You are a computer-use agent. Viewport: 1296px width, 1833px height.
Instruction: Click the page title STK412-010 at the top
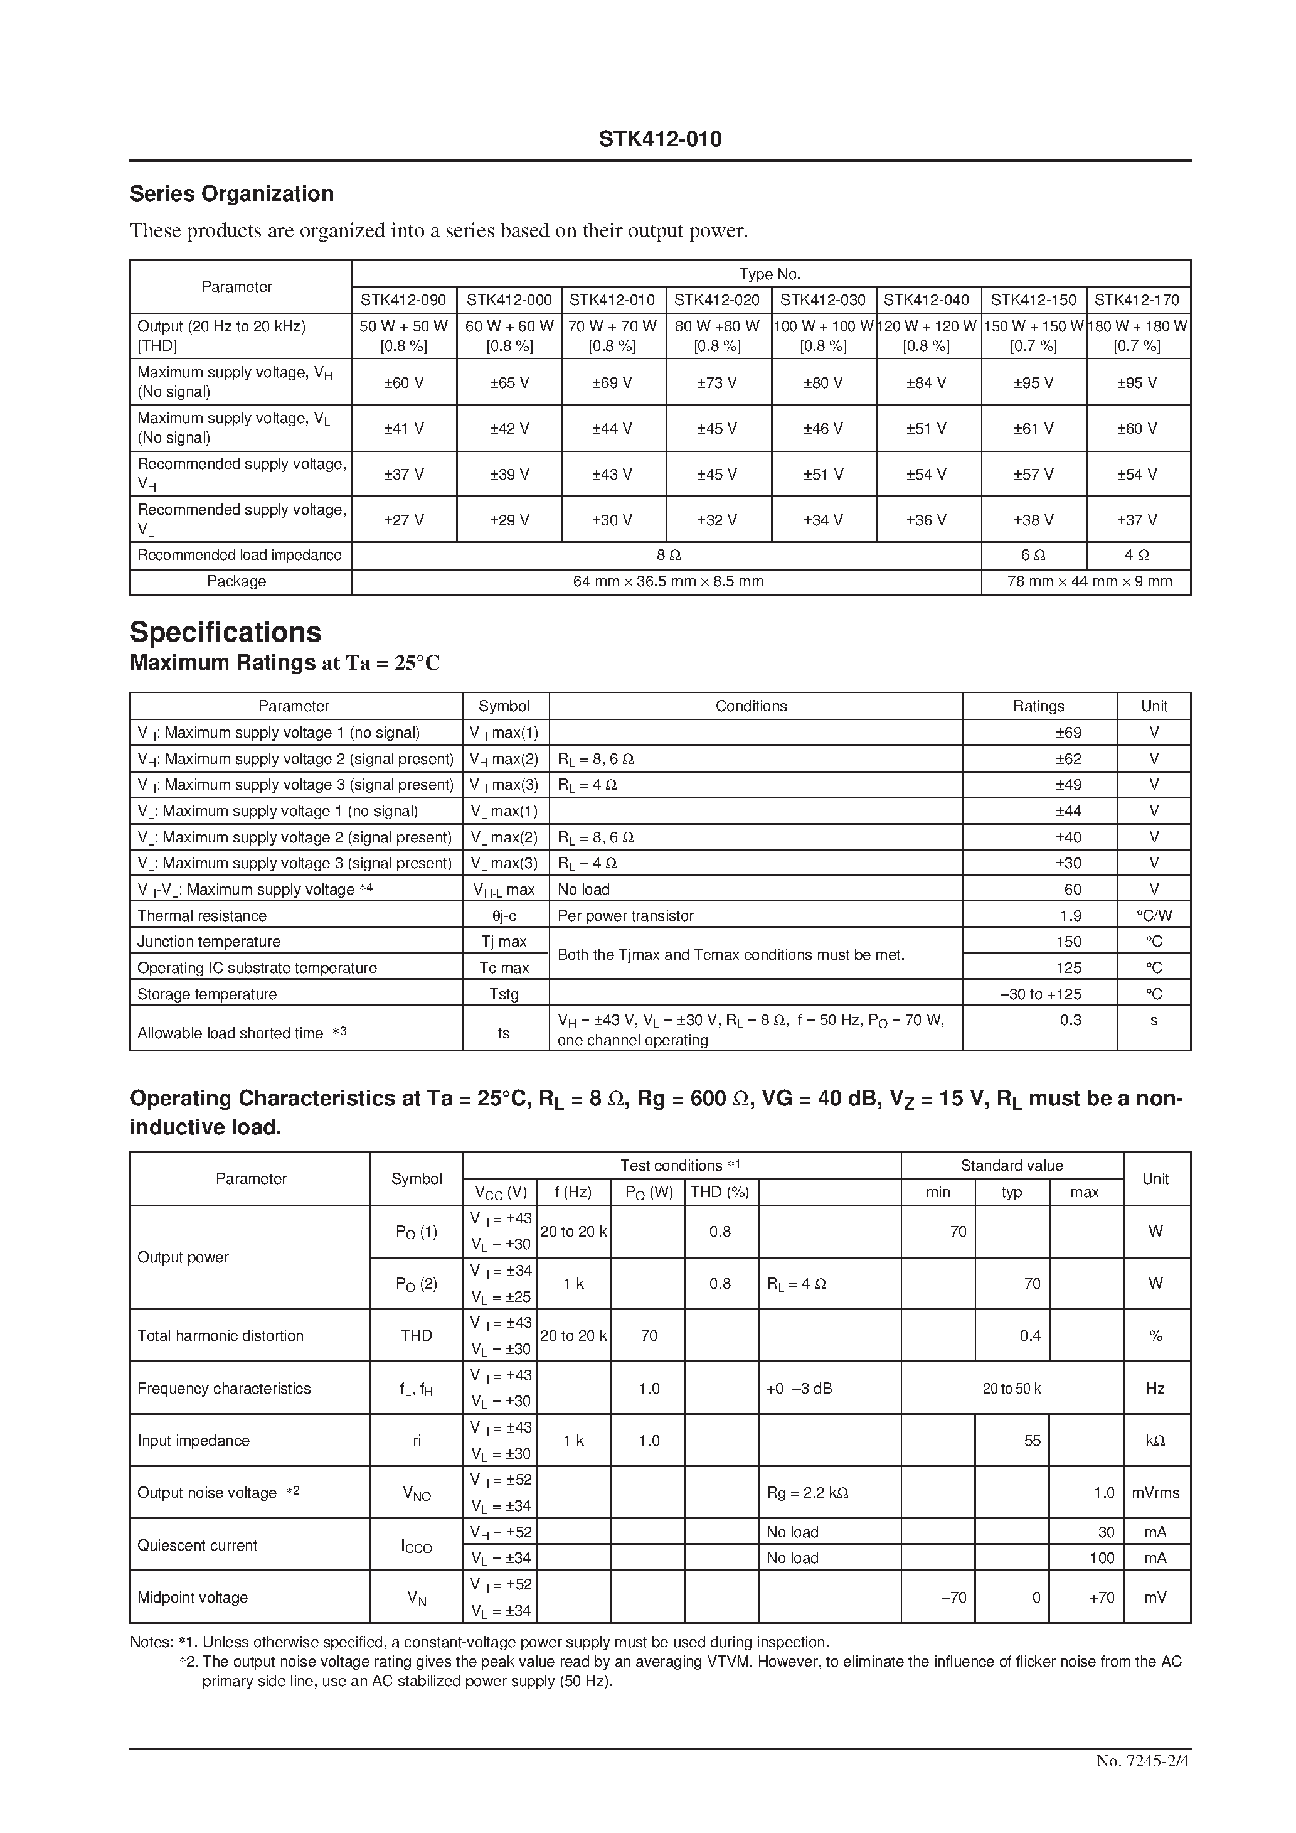pos(660,140)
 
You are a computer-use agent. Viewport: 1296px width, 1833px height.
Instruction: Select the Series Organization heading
pos(231,194)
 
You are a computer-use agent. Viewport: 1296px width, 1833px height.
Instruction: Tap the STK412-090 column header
pos(404,300)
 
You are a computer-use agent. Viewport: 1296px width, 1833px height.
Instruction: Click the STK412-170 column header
pos(1137,300)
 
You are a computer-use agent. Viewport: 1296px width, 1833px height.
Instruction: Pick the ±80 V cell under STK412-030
pos(823,382)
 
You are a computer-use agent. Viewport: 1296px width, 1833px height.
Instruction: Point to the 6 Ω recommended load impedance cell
pos(1033,556)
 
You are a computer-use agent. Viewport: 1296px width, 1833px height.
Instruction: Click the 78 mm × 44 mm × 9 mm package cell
pos(1088,582)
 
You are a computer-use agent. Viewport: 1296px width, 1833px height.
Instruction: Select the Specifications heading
pos(225,632)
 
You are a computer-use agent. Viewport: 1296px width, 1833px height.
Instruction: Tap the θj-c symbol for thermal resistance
pos(504,916)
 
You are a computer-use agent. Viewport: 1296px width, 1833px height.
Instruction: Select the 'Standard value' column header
pos(1011,1166)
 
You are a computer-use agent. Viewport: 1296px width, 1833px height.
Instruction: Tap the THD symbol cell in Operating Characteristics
pos(416,1336)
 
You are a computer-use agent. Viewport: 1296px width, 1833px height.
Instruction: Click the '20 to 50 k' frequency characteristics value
pos(1011,1389)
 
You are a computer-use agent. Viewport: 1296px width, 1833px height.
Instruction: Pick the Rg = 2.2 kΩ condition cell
pos(807,1493)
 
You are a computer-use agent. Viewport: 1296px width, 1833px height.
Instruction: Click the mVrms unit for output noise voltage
pos(1155,1493)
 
